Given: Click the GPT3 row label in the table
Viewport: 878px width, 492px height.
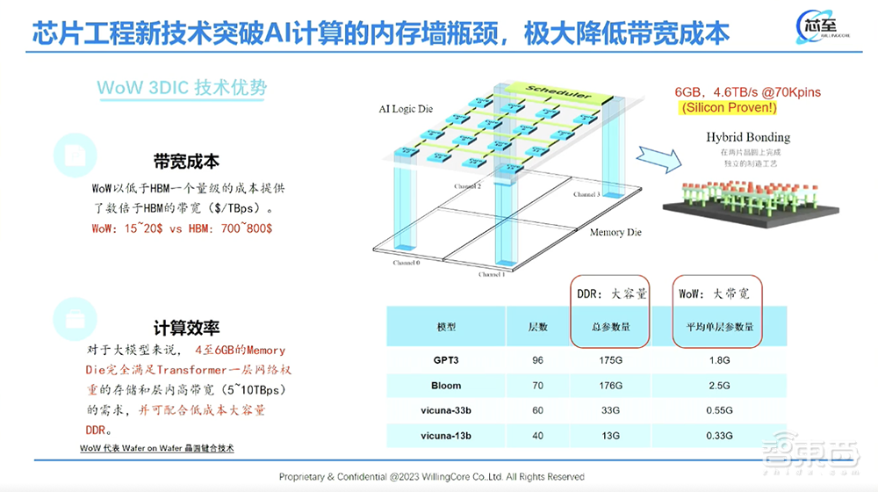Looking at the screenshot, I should click(x=446, y=360).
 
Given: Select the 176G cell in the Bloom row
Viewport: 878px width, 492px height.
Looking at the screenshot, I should click(x=608, y=386).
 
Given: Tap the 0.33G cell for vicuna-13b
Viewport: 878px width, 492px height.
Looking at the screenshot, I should click(x=719, y=436).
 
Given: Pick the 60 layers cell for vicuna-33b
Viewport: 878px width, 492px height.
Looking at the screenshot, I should click(x=538, y=410).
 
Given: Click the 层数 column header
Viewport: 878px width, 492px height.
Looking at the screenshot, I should click(x=538, y=327).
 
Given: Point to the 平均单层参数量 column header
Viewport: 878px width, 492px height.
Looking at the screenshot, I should click(x=719, y=327).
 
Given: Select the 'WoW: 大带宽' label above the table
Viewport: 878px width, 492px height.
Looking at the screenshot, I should click(x=714, y=293).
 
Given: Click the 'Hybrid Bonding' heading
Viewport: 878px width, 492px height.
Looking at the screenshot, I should click(x=748, y=137).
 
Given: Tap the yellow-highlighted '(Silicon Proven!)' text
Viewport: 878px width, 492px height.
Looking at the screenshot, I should click(x=728, y=107).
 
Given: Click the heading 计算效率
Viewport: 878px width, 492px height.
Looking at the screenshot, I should click(x=186, y=328).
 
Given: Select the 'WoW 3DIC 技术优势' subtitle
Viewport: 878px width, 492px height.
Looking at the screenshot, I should click(x=182, y=88).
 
